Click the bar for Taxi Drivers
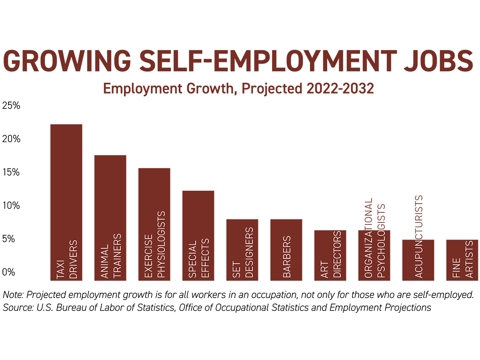66,180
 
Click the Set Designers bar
242,240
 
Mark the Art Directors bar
330,244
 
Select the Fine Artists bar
462,248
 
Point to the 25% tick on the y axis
11,106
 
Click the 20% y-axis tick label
11,139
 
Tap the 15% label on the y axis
11,172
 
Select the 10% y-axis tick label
11,206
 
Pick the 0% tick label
9,272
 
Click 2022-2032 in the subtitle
340,88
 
